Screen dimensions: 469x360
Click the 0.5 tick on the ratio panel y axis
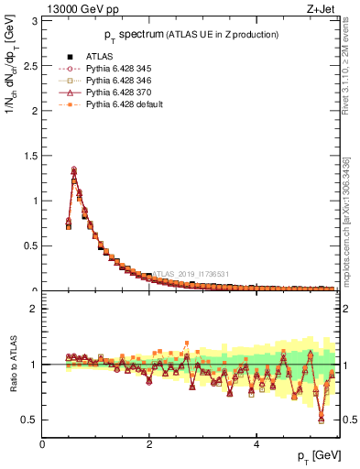tap(31, 420)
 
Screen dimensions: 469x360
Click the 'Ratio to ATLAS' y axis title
tap(12, 365)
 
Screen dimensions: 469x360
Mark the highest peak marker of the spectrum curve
tap(74, 169)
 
